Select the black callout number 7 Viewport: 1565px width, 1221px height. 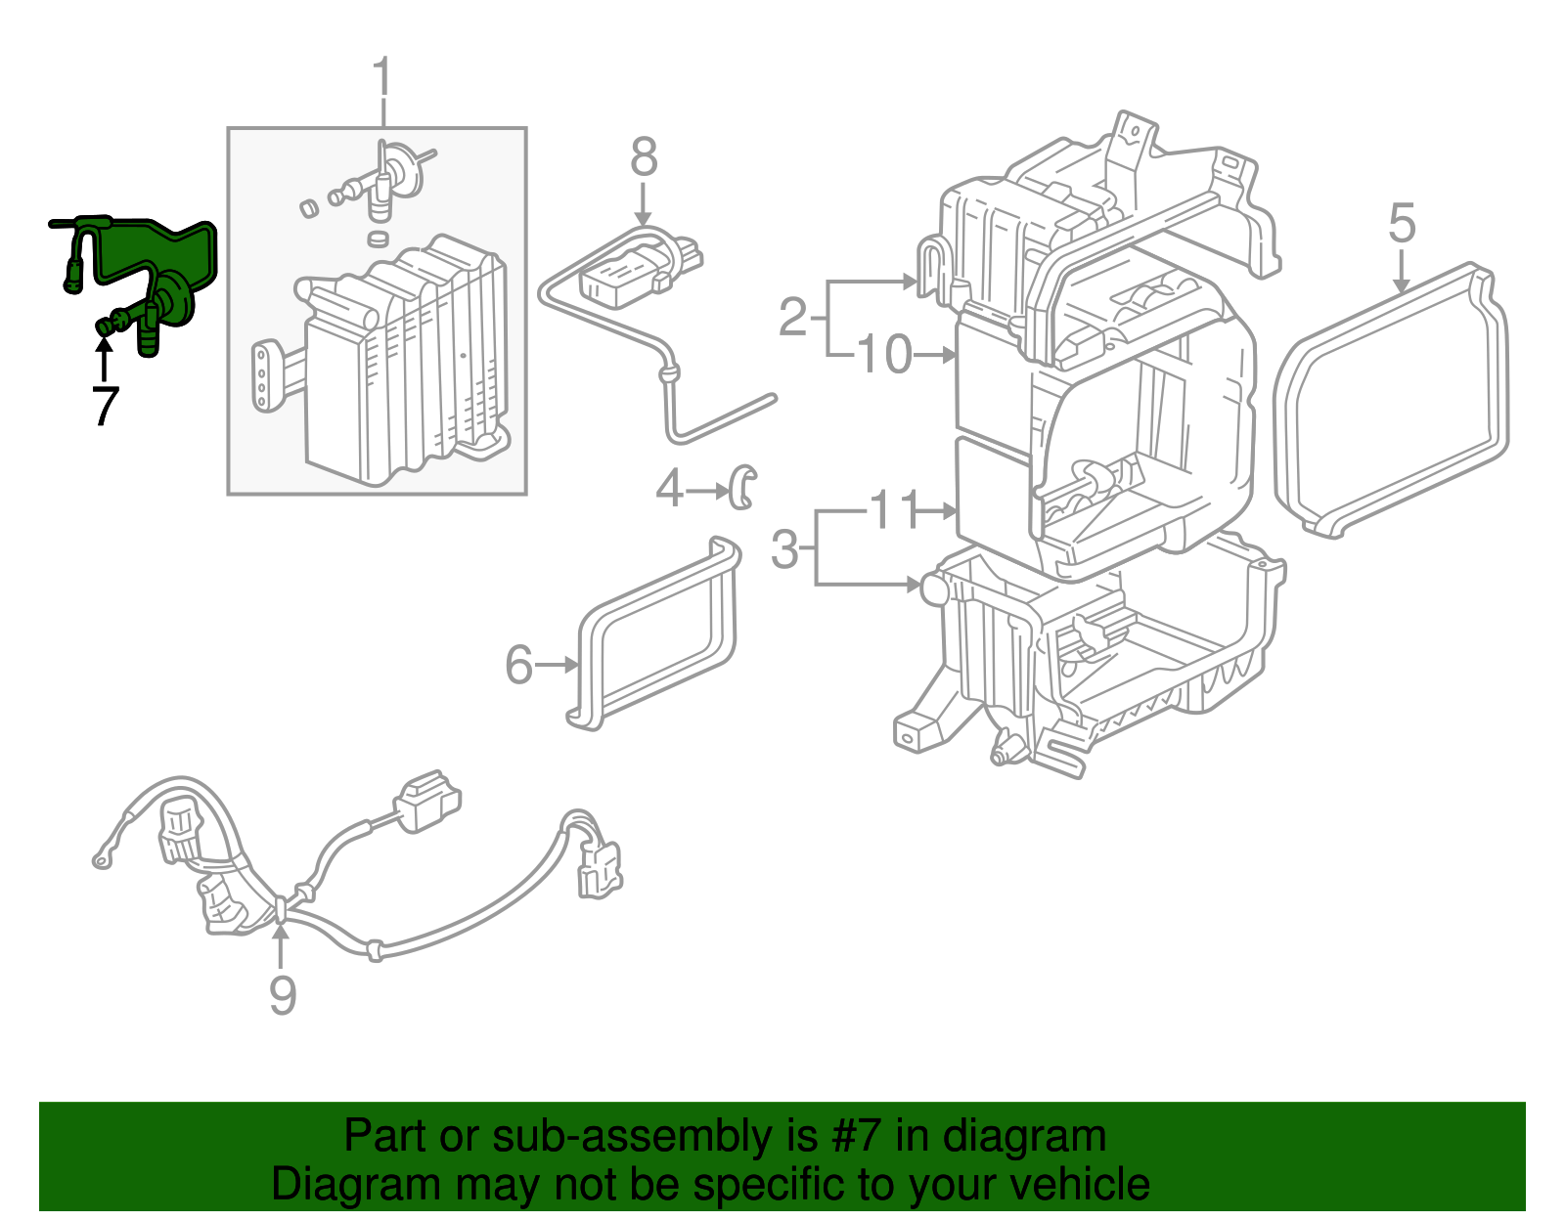pyautogui.click(x=105, y=406)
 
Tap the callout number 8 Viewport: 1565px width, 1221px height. pyautogui.click(x=643, y=157)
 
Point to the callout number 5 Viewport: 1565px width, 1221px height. pyautogui.click(x=1401, y=224)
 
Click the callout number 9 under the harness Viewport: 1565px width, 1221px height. pyautogui.click(x=282, y=995)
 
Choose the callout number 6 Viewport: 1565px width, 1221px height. pyautogui.click(x=518, y=665)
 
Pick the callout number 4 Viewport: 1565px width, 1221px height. pyautogui.click(x=669, y=488)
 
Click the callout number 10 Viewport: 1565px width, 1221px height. pyautogui.click(x=885, y=354)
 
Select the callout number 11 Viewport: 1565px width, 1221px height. pyautogui.click(x=894, y=509)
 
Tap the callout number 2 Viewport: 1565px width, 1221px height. pyautogui.click(x=793, y=317)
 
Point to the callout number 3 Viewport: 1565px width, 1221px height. pyautogui.click(x=784, y=549)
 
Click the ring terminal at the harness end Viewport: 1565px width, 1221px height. pyautogui.click(x=102, y=860)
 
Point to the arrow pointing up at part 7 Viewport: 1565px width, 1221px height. pyautogui.click(x=103, y=357)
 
